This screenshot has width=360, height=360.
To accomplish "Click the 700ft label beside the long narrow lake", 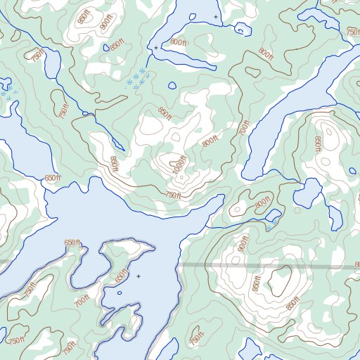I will [x=245, y=128].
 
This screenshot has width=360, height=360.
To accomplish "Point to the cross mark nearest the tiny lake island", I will [x=139, y=276].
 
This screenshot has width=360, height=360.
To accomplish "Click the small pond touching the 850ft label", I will [x=52, y=64].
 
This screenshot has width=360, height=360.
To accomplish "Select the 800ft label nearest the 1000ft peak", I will [x=210, y=141].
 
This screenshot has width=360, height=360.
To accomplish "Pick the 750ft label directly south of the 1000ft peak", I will [x=172, y=195].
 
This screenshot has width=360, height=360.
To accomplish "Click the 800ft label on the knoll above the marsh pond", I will [x=262, y=203].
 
